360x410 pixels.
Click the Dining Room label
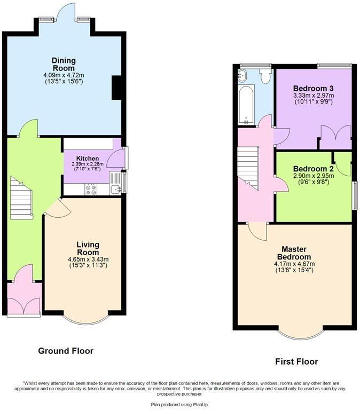pyautogui.click(x=64, y=64)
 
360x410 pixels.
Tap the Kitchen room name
pyautogui.click(x=87, y=159)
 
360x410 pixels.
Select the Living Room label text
pyautogui.click(x=88, y=248)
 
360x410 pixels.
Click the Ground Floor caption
pyautogui.click(x=66, y=351)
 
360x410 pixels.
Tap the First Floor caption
pyautogui.click(x=296, y=361)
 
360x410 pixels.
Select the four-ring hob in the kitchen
pyautogui.click(x=91, y=188)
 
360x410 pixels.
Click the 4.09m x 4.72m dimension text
pyautogui.click(x=64, y=75)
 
